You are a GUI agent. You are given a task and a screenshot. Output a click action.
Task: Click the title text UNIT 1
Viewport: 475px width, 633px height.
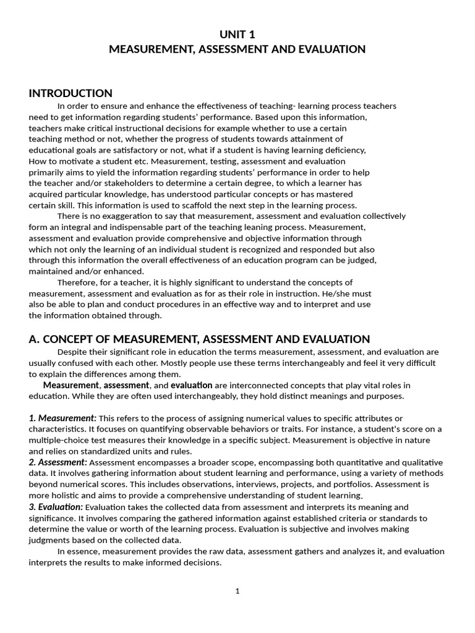coord(237,34)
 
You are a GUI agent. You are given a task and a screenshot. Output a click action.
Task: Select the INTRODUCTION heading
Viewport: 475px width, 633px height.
coord(71,93)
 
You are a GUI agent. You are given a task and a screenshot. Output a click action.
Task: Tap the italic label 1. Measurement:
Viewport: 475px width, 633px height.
coord(62,418)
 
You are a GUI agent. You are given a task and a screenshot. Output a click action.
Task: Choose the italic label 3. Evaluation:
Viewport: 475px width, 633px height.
coord(56,507)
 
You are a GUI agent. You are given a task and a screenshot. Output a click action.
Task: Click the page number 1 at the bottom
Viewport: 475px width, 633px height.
coord(237,591)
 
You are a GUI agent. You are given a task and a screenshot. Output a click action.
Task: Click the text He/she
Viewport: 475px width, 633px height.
coord(335,294)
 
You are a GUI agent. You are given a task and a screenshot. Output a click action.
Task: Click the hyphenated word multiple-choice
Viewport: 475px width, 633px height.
coord(58,441)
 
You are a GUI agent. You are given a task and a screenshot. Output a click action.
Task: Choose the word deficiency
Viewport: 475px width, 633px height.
coord(346,150)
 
